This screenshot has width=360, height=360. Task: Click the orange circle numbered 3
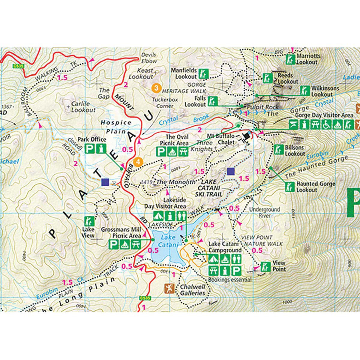[x=156, y=88]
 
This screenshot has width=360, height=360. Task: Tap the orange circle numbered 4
[x=138, y=162]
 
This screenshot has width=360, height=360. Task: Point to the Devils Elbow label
[x=149, y=58]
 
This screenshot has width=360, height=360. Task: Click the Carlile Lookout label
[x=83, y=107]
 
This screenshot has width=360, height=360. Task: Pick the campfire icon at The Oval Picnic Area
[x=172, y=152]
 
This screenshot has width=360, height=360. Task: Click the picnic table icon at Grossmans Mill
[x=136, y=245]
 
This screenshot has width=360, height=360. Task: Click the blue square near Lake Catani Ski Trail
[x=230, y=171]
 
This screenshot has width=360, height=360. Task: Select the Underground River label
[x=264, y=212]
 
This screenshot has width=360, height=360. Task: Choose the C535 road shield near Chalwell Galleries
[x=144, y=298]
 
